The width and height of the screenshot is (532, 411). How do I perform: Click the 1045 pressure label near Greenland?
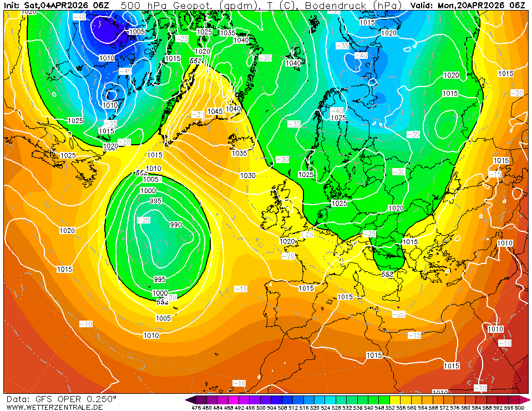(x=215, y=111)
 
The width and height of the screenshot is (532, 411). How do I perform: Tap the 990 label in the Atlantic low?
(x=176, y=225)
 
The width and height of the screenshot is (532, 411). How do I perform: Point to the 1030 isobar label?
(x=247, y=175)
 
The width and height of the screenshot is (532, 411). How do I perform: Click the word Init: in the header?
(x=13, y=5)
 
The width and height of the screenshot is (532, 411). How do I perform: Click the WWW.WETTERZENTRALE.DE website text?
(x=54, y=408)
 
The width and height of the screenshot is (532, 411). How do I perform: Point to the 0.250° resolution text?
(x=102, y=399)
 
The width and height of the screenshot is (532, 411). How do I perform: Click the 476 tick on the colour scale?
(x=196, y=408)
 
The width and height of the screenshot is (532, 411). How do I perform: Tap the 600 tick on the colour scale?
(x=519, y=408)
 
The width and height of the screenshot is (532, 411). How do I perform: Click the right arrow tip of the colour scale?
(x=529, y=399)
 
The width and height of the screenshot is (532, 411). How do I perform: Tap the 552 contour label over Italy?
(x=387, y=274)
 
